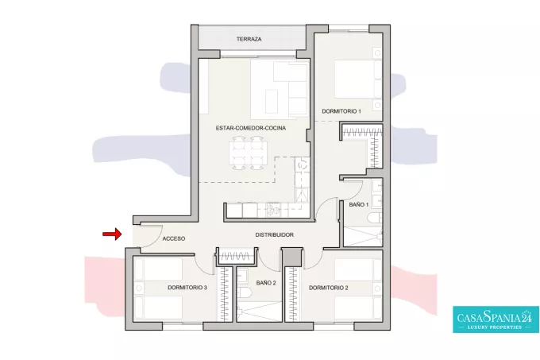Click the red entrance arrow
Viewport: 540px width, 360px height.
click(x=112, y=234)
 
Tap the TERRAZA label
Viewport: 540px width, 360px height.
click(x=249, y=39)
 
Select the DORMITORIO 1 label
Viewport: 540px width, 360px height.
click(x=341, y=111)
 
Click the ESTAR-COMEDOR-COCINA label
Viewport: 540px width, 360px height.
click(x=251, y=128)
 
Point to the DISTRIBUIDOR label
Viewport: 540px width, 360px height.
click(x=275, y=235)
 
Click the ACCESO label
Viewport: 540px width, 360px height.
click(x=174, y=238)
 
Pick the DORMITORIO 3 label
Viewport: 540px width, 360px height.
click(x=187, y=288)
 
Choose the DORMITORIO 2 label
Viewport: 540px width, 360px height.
click(x=329, y=288)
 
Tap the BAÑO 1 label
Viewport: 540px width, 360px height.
click(x=358, y=204)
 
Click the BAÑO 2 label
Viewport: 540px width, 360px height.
click(x=266, y=283)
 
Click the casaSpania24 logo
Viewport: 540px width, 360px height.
click(x=496, y=319)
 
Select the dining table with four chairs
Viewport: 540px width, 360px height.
click(x=248, y=153)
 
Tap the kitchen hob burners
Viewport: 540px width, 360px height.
click(x=273, y=210)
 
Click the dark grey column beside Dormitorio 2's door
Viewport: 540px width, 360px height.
click(x=292, y=257)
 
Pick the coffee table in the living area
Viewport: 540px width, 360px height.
click(x=272, y=101)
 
